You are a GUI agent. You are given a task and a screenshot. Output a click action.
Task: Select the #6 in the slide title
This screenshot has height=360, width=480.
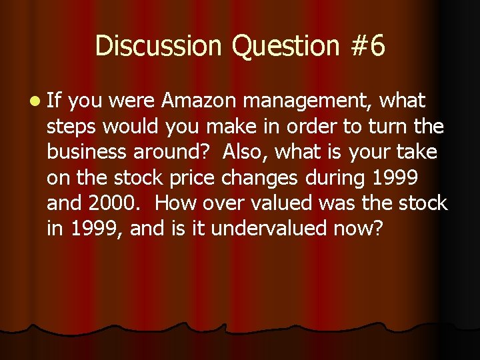367,46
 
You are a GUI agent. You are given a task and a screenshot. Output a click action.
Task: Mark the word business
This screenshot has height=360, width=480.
90,152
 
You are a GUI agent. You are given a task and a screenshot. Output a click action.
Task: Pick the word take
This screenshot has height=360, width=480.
416,152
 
